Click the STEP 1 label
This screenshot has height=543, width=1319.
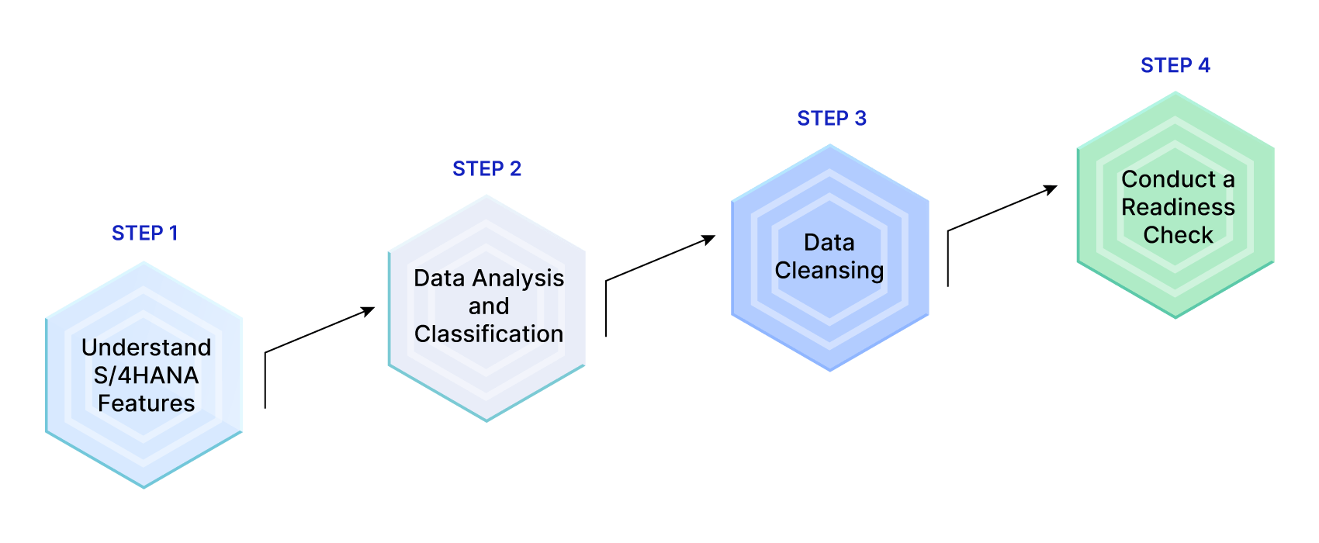coord(145,233)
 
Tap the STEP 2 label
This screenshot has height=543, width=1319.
coord(486,169)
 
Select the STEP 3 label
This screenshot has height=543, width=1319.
coord(832,119)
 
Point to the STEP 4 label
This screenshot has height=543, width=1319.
coord(1175,66)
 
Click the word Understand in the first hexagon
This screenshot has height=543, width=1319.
coord(146,348)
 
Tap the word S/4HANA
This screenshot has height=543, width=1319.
coord(146,375)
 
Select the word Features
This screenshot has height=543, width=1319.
coord(146,403)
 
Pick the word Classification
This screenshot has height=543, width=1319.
coord(489,334)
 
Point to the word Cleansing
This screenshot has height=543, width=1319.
coord(829,271)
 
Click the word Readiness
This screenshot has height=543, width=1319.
coord(1178,207)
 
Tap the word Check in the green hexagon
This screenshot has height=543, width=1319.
coord(1178,235)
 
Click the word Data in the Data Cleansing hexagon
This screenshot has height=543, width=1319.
coord(829,243)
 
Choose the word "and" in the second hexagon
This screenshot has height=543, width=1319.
coord(489,306)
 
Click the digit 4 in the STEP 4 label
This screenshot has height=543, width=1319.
coord(1203,66)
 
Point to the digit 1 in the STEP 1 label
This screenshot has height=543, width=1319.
coord(173,233)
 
